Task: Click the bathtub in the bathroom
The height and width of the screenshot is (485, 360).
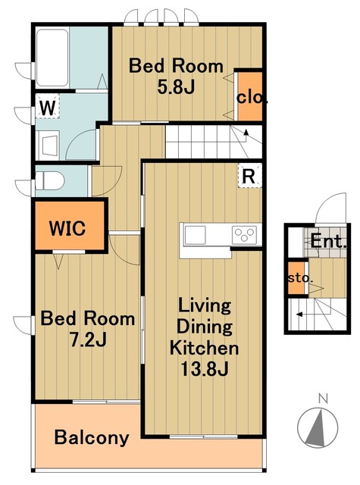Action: tap(52, 58)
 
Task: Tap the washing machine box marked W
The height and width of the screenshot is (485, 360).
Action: tap(47, 106)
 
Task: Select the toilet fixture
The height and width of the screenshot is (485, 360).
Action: tap(49, 181)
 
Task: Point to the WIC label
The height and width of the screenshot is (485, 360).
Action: tap(67, 228)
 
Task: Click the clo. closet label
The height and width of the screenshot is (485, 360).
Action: tap(252, 98)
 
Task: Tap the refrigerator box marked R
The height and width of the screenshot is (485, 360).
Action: tap(249, 176)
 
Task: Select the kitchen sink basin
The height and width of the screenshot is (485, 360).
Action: tap(195, 235)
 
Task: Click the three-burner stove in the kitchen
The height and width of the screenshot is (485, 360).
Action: tap(244, 235)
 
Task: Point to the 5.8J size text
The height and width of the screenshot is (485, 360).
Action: tap(176, 87)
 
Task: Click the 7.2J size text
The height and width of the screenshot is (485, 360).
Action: tap(88, 339)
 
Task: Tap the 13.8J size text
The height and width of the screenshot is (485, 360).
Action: tap(204, 369)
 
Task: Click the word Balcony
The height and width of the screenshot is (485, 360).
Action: tap(92, 438)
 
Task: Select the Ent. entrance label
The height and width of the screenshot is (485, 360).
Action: tap(328, 241)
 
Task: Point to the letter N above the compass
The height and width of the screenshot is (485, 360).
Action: tap(323, 399)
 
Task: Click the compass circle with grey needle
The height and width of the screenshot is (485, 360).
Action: tap(318, 427)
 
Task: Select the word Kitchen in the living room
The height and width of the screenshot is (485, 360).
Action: tap(204, 348)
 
